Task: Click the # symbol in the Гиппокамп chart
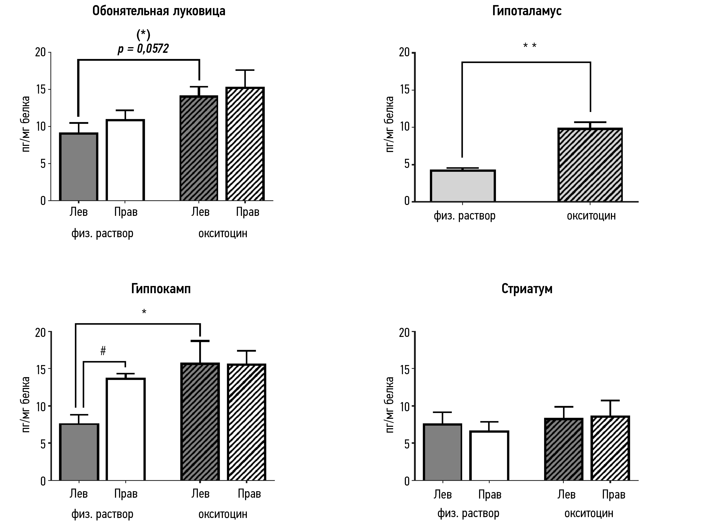tap(103, 351)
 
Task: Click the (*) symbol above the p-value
tap(143, 34)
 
